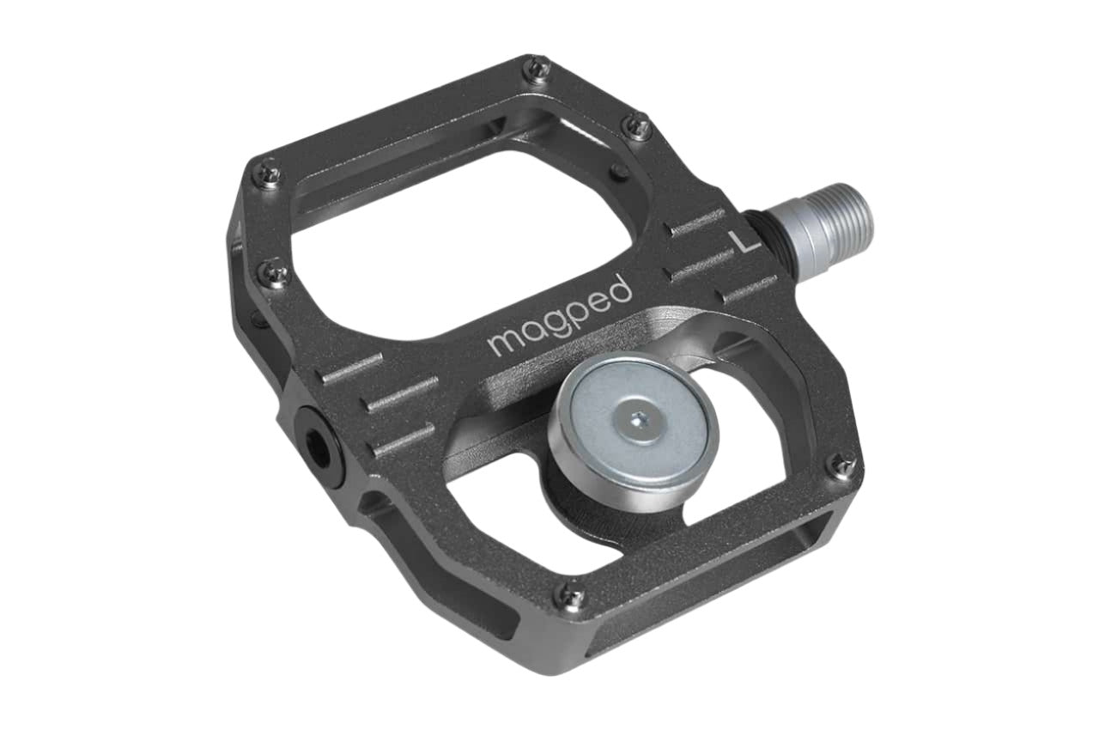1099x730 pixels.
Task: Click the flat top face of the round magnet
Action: point(637,423)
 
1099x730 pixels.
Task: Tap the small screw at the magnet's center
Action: point(637,421)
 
